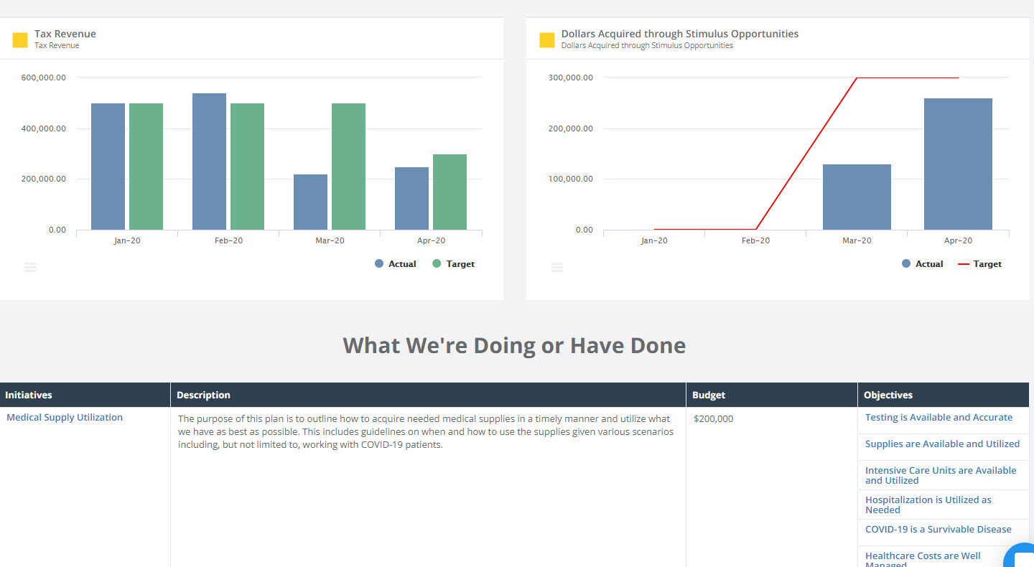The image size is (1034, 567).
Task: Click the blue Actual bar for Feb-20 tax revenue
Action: (209, 161)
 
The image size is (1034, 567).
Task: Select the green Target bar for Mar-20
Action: (348, 167)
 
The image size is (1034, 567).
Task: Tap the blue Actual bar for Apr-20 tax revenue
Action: (411, 199)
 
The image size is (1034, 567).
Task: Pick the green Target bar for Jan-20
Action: (146, 167)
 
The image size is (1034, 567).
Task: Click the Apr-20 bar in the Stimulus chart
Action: (958, 164)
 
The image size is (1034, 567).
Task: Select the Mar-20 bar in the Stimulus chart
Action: (857, 197)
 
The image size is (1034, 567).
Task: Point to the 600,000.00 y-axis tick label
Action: (43, 78)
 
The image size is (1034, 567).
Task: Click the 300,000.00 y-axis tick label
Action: (570, 78)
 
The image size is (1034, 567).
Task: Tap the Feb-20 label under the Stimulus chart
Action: (755, 241)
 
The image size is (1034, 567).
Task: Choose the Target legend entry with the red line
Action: (980, 264)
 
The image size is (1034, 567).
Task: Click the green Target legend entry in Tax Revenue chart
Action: (453, 264)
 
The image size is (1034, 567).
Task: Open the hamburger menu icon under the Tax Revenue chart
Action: (30, 267)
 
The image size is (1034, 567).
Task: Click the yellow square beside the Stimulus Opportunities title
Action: (547, 40)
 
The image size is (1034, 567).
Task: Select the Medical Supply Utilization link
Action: (65, 418)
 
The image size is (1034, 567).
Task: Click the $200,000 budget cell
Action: (714, 419)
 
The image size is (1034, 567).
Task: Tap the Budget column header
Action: (709, 395)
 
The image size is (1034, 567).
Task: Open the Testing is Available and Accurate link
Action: (938, 418)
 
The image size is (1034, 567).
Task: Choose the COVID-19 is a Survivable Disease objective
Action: (938, 530)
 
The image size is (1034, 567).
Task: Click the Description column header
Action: (203, 395)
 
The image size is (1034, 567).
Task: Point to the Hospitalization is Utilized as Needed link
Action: (928, 505)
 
